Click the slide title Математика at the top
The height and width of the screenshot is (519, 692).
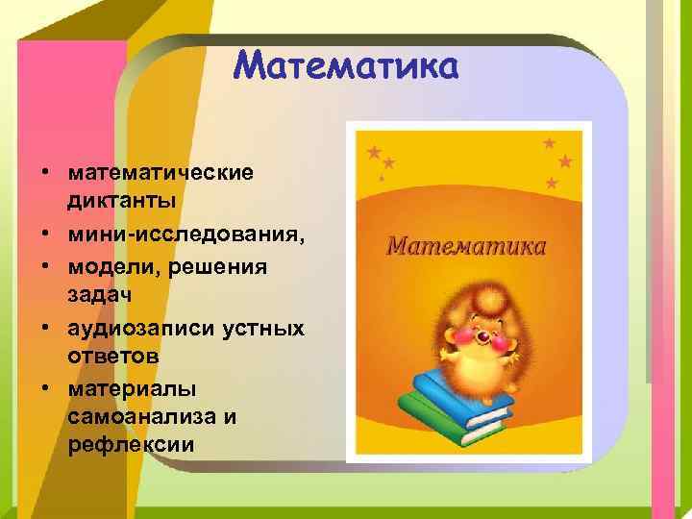pyautogui.click(x=347, y=66)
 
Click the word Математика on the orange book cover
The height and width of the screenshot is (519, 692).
pyautogui.click(x=466, y=246)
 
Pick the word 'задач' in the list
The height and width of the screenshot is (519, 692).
pyautogui.click(x=99, y=293)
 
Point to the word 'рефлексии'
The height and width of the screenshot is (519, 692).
pyautogui.click(x=131, y=445)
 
